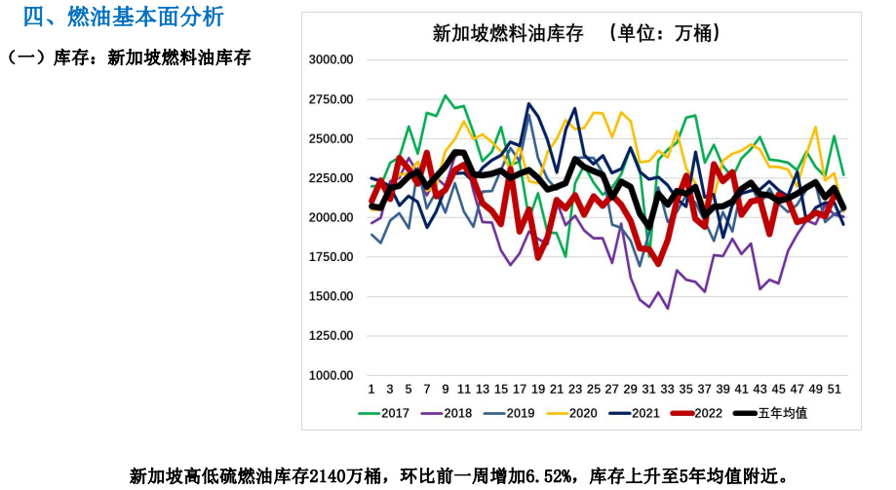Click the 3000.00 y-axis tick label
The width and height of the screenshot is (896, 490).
[331, 59]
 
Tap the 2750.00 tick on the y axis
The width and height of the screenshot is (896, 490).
[331, 99]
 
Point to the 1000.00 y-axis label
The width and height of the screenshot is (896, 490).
[331, 375]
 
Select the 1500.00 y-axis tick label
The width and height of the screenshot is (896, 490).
[331, 296]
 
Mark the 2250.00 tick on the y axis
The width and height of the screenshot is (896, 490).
[331, 178]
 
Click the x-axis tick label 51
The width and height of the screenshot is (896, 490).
[835, 389]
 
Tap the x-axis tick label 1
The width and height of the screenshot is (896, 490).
[371, 389]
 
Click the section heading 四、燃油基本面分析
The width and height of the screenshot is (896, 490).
[123, 17]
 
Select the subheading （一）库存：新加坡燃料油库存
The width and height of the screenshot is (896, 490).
[129, 58]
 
